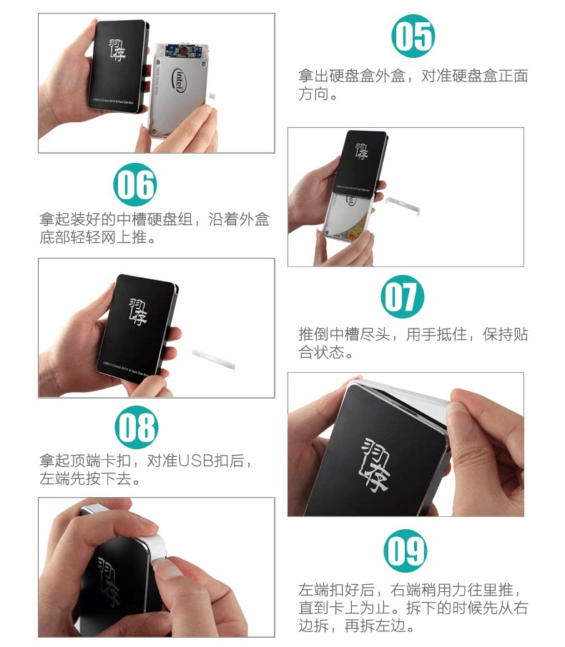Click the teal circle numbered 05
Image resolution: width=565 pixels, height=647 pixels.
click(413, 36)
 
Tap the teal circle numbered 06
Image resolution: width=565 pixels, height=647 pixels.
click(135, 184)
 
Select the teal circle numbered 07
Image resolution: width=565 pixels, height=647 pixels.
click(403, 296)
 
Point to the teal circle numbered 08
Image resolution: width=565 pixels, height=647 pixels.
click(137, 427)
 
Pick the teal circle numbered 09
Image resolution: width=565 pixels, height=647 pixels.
click(406, 551)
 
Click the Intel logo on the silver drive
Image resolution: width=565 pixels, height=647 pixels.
click(178, 80)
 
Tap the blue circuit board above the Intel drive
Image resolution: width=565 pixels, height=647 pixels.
click(183, 50)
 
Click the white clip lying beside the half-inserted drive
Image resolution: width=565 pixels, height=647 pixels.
click(403, 205)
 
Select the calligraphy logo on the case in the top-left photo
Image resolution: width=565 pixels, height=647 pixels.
click(117, 50)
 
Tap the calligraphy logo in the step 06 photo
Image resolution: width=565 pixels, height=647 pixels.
click(137, 311)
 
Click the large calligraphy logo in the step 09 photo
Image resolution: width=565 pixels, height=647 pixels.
click(375, 464)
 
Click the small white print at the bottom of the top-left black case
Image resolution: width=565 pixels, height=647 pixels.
click(113, 101)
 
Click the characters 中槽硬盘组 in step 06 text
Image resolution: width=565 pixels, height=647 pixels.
click(154, 219)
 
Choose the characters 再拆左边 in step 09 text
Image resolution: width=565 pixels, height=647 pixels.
click(375, 626)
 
